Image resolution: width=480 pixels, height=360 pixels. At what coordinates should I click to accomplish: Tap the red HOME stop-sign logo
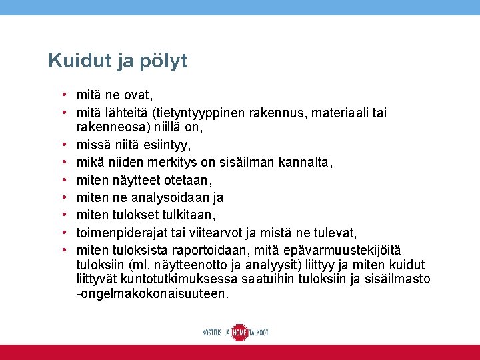(x=239, y=332)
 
